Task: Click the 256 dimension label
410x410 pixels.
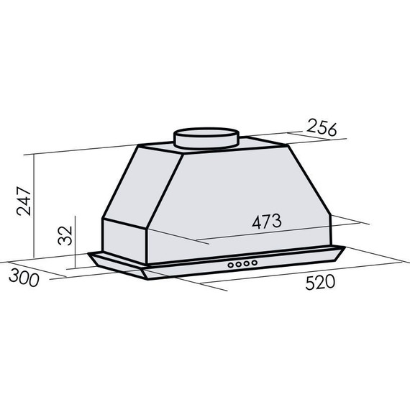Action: point(322,127)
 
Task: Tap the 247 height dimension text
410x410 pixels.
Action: point(24,201)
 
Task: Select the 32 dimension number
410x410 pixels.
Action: point(65,235)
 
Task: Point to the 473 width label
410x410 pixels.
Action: point(267,222)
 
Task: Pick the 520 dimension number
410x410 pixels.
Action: point(320,283)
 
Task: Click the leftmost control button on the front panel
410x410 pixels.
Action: point(231,265)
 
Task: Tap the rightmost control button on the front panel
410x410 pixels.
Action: point(255,263)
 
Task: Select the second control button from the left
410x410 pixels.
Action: point(239,265)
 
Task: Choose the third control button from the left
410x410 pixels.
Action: point(247,263)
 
